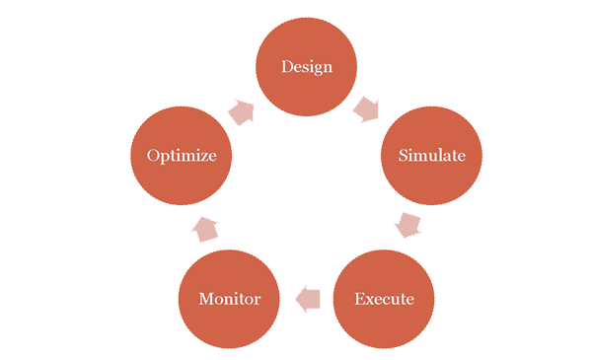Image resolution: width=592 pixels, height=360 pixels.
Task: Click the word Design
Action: coord(306,67)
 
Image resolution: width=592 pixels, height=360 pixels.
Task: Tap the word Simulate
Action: coord(431,156)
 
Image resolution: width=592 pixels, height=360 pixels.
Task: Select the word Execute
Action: coord(384,298)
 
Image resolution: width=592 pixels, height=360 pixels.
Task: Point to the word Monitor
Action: coord(229,298)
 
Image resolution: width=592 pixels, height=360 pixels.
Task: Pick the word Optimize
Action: coord(182,156)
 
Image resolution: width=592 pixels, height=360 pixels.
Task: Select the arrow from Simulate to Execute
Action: coord(407,224)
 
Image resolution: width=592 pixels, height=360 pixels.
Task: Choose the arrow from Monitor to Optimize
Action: coord(205,229)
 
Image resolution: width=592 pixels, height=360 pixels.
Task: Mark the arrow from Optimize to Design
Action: coord(241,110)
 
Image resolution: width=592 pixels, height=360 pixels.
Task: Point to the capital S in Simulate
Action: coord(404,156)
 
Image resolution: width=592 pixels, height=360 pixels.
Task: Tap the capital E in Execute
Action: coord(359,298)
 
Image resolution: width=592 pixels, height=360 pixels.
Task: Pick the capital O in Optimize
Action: coord(153,156)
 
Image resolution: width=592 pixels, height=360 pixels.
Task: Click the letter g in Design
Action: coord(316,69)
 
